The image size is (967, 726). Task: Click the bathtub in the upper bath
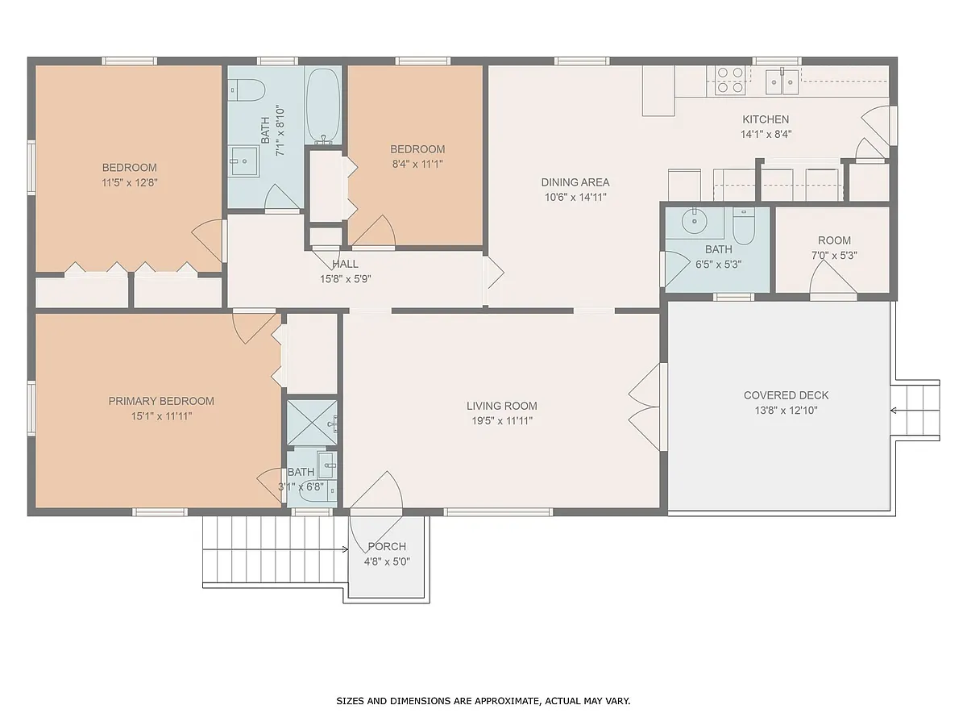323,105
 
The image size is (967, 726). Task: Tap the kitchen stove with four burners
730,80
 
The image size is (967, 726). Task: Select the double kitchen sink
782,81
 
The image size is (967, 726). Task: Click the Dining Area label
575,182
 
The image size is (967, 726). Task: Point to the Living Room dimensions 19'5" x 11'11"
502,420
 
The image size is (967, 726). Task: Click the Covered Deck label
786,395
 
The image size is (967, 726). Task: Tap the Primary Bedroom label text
161,401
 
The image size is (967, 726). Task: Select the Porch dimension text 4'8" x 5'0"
387,561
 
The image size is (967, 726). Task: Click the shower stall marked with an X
312,423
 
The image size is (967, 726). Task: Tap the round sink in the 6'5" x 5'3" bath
694,221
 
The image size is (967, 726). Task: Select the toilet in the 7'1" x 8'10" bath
247,90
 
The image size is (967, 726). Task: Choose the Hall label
345,264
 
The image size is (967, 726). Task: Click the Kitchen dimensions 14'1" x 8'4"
766,134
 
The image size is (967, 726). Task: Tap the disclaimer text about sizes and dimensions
483,700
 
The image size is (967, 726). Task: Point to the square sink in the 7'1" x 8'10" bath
243,161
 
